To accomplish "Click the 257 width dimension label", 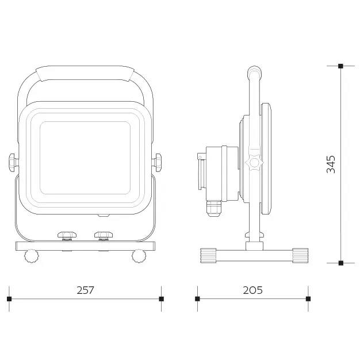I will [85, 290].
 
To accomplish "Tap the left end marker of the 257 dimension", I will [9, 298].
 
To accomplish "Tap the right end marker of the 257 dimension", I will [162, 298].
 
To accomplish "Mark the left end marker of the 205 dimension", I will [197, 298].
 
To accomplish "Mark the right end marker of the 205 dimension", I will [308, 298].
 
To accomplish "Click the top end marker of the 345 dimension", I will [341, 66].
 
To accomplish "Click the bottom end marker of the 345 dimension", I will [341, 263].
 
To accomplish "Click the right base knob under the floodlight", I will [104, 235].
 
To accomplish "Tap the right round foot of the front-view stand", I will [139, 256].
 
